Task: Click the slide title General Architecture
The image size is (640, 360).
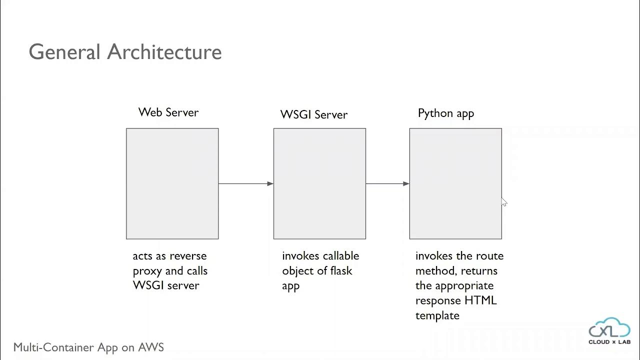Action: pos(125,52)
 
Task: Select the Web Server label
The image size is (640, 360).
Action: pos(168,112)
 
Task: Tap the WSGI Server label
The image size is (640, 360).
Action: pos(313,114)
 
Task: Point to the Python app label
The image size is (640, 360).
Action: pos(445,113)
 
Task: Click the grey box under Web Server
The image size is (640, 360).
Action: pos(172,183)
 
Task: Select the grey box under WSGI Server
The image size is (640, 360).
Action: pos(319,183)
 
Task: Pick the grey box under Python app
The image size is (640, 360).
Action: pos(455,183)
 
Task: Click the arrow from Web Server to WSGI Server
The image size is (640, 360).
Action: pos(245,183)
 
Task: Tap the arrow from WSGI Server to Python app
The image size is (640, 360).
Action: pos(387,183)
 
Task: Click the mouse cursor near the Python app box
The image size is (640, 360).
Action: pos(503,201)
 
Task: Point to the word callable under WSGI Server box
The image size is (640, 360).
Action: pos(340,256)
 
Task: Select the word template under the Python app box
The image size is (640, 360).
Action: pos(437,315)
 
